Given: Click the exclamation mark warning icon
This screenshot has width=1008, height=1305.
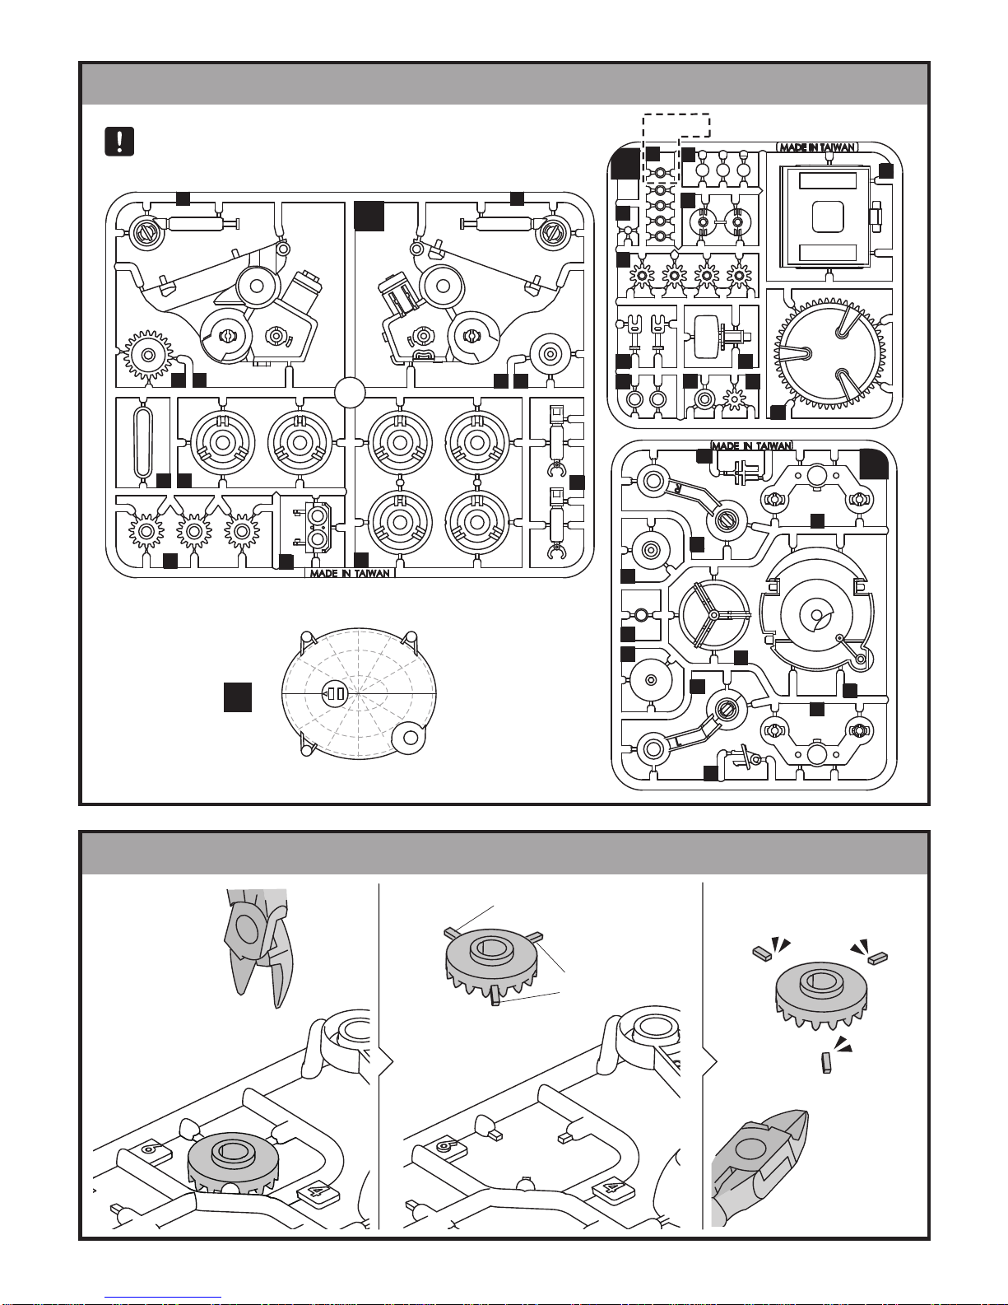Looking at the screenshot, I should click(x=119, y=142).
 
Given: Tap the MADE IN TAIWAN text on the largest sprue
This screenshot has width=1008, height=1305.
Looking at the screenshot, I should click(x=350, y=573).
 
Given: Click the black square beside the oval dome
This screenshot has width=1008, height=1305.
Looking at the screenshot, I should click(x=238, y=697).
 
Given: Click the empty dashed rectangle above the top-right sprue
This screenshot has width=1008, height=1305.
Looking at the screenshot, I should click(x=676, y=124).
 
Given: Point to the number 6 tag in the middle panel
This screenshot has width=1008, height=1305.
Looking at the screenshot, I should click(x=446, y=1144).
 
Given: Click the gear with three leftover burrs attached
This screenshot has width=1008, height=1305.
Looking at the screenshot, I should click(x=491, y=962).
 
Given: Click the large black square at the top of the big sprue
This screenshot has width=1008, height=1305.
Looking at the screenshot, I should click(x=369, y=215).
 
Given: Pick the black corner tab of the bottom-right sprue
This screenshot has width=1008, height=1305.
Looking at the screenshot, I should click(x=874, y=464).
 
